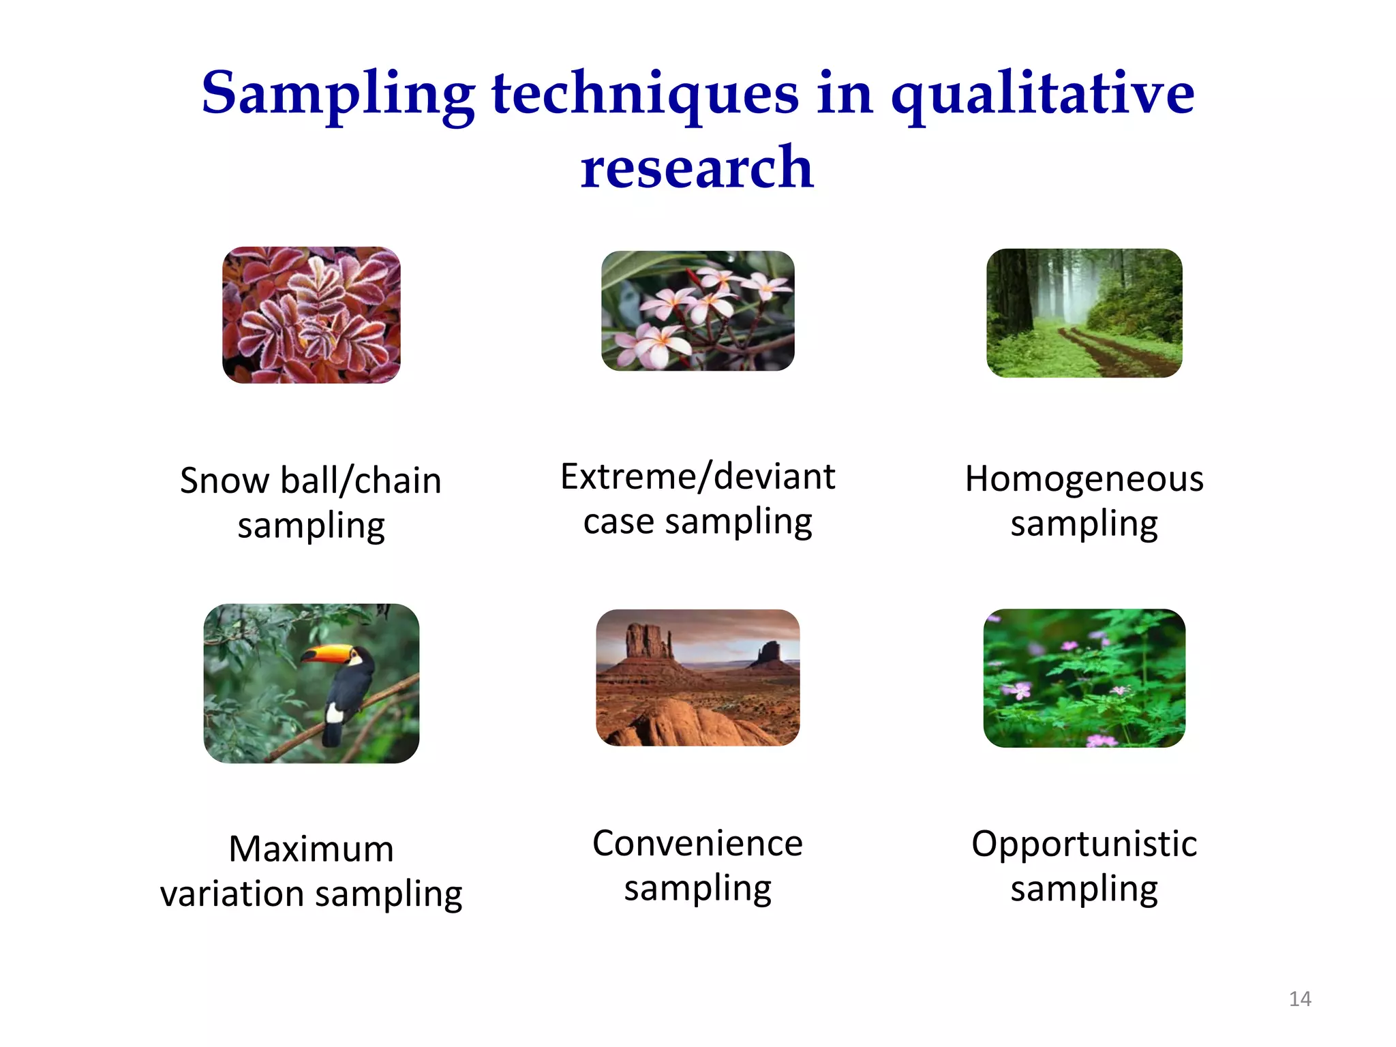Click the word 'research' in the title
tap(697, 168)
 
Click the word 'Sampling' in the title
tap(338, 94)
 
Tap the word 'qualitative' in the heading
tap(1042, 94)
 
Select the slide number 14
tap(1300, 999)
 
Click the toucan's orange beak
tap(326, 655)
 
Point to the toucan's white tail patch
tap(334, 713)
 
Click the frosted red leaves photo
tap(312, 315)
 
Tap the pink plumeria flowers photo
tap(697, 311)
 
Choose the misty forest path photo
tap(1084, 313)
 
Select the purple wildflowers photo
tap(1084, 678)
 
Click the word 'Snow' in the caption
tap(224, 481)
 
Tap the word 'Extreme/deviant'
tap(697, 476)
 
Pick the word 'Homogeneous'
tap(1084, 479)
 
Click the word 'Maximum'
tap(311, 849)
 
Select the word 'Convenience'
tap(697, 844)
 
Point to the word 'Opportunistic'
tap(1084, 844)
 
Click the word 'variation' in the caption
tap(232, 894)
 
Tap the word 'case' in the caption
tap(618, 522)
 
